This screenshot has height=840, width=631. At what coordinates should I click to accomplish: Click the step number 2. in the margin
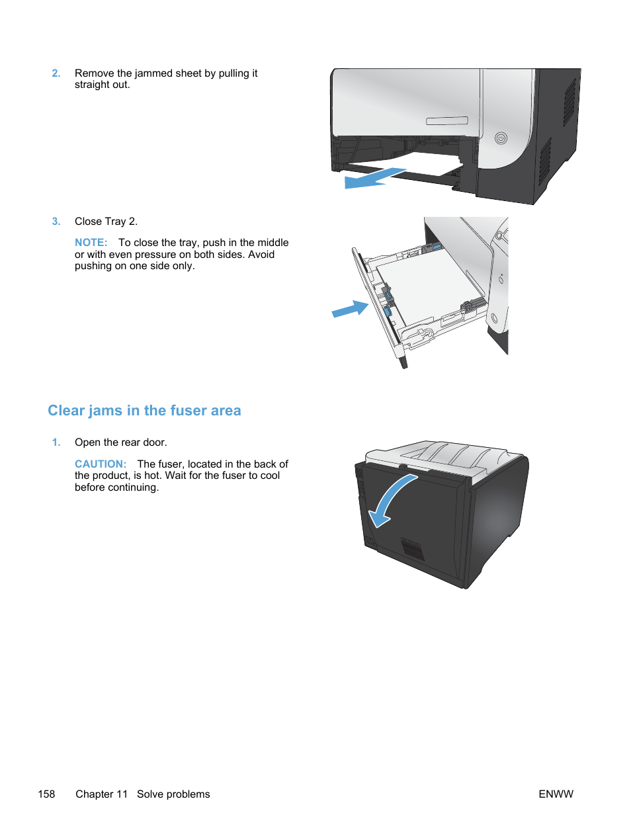pos(56,73)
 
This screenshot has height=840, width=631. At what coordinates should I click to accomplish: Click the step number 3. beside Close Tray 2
pos(56,222)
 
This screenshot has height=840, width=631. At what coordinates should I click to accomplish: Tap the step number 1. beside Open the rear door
pos(56,442)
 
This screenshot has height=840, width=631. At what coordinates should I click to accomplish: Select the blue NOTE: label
pos(91,243)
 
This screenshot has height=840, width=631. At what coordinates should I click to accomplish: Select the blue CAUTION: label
pos(100,464)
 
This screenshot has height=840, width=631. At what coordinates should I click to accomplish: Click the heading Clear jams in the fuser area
pos(144,411)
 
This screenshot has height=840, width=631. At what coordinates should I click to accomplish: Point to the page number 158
pos(46,794)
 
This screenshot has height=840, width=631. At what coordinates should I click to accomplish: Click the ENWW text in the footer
pos(556,794)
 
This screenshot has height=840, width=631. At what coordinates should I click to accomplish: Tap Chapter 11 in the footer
pos(101,794)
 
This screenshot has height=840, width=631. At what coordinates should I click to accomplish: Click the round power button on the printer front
pos(501,138)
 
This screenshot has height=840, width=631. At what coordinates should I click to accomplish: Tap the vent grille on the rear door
pos(412,548)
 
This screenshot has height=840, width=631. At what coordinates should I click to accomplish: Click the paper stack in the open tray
pos(430,284)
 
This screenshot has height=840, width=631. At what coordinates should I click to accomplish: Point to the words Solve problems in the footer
pos(173,794)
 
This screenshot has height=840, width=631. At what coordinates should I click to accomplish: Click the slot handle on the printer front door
pos(447,121)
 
